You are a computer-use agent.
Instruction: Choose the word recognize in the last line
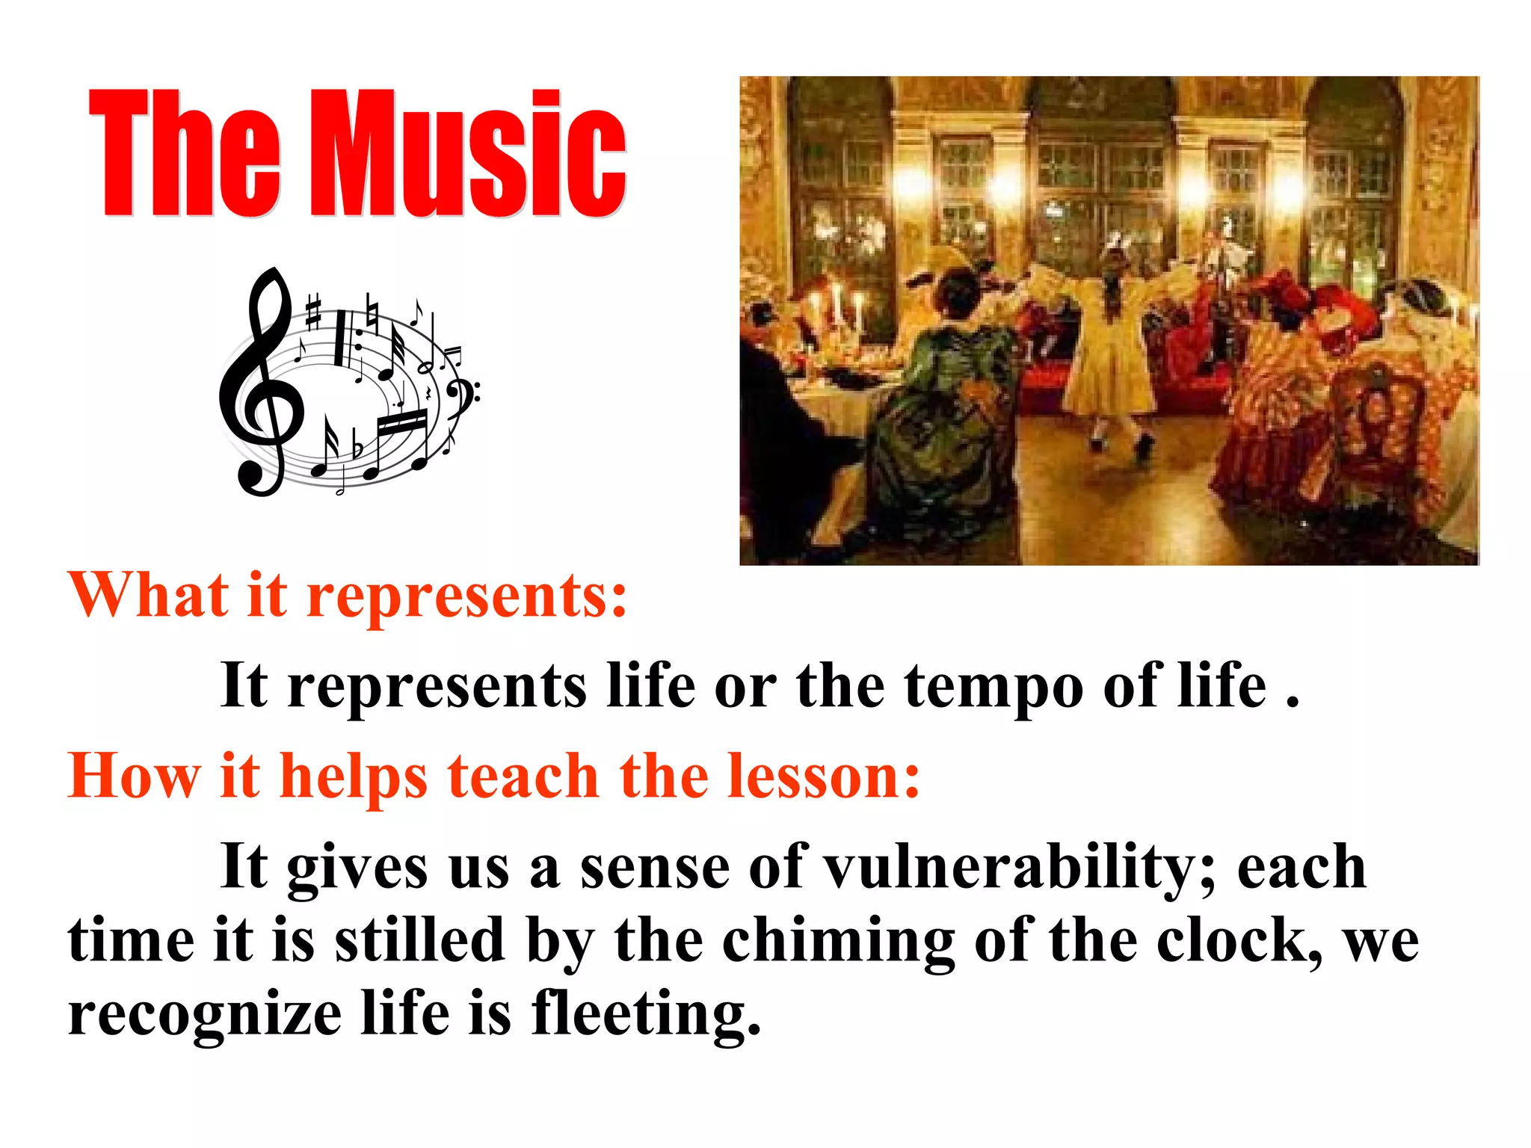[x=205, y=1016]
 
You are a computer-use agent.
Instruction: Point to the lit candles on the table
[x=837, y=306]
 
